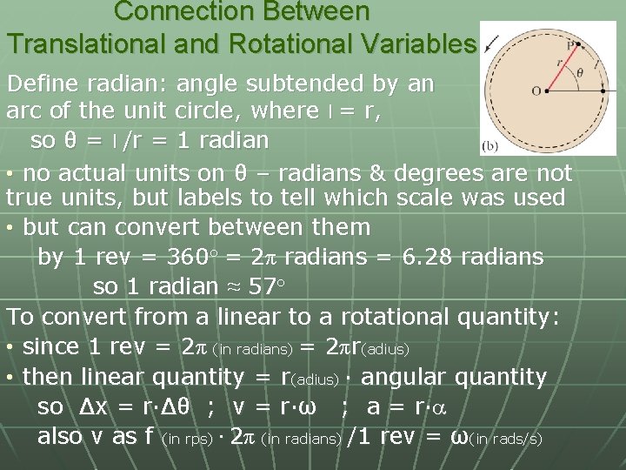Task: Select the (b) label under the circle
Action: point(489,146)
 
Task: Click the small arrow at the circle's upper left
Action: point(493,41)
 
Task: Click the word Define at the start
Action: point(46,84)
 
